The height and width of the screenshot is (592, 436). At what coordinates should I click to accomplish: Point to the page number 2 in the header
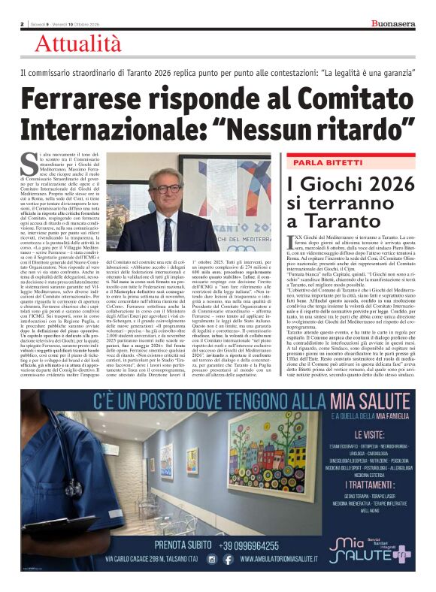tap(23, 24)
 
